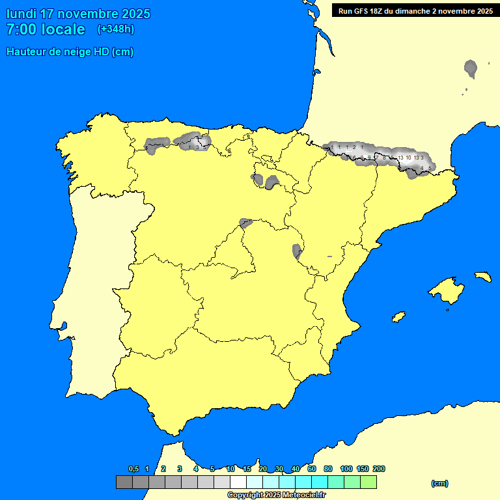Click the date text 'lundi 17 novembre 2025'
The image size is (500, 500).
(x=78, y=14)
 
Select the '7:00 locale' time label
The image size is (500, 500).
(x=46, y=29)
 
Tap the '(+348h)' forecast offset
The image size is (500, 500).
(x=115, y=29)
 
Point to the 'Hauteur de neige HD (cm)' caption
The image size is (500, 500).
(x=70, y=52)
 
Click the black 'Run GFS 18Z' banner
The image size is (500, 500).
(x=415, y=11)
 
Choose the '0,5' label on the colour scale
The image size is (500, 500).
(x=133, y=469)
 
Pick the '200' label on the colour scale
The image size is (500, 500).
(x=379, y=469)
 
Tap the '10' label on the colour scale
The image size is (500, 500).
(x=230, y=469)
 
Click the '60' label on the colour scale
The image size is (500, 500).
(x=312, y=469)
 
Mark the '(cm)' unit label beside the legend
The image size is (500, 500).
(x=439, y=483)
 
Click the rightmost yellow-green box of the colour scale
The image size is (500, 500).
(x=368, y=482)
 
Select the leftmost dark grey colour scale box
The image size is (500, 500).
(x=124, y=482)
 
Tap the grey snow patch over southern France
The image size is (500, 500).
(x=471, y=67)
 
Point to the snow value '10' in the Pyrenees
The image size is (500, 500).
(x=408, y=158)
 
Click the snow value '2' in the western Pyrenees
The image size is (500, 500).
(x=354, y=148)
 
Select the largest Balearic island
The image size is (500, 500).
(x=445, y=288)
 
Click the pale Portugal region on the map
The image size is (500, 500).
(x=98, y=293)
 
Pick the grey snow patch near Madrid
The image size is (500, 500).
(x=245, y=223)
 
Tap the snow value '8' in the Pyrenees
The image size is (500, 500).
(x=384, y=158)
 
